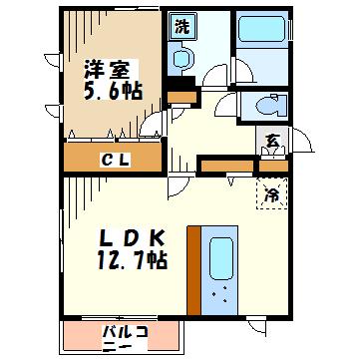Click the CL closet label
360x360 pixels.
pyautogui.click(x=114, y=162)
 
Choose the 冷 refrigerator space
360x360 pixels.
pyautogui.click(x=272, y=194)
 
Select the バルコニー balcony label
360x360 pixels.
pyautogui.click(x=125, y=338)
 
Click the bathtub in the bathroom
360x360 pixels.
pyautogui.click(x=261, y=29)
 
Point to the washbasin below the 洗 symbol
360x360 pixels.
pyautogui.click(x=181, y=59)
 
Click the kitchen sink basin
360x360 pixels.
pyautogui.click(x=220, y=258)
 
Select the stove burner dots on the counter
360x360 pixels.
pyautogui.click(x=220, y=294)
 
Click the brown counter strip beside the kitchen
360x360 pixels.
pyautogui.click(x=194, y=270)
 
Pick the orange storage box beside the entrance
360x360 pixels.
pyautogui.click(x=273, y=167)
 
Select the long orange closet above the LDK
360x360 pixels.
pyautogui.click(x=227, y=166)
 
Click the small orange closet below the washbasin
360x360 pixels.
pyautogui.click(x=181, y=97)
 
